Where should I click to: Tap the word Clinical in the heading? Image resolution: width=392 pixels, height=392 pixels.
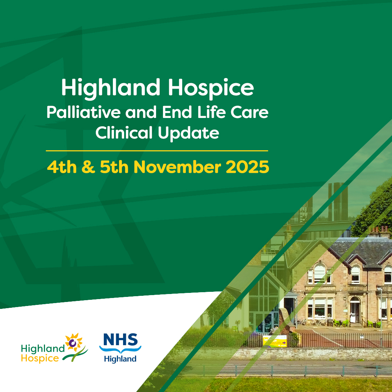[x=124, y=133]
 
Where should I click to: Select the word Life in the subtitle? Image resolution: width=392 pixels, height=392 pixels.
[x=208, y=113]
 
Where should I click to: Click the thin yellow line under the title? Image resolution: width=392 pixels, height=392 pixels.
[x=157, y=150]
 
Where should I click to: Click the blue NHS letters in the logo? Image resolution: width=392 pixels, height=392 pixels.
[x=120, y=340]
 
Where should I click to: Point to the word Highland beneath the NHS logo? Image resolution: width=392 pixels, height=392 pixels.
[x=120, y=359]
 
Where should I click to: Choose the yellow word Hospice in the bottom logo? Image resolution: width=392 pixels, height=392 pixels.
[x=40, y=359]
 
